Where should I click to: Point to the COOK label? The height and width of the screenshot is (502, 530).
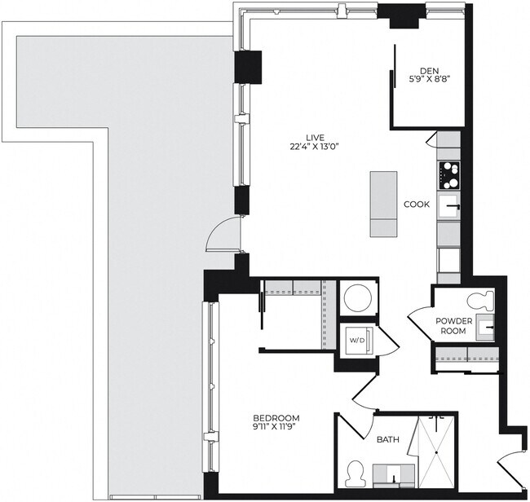coord(417,205)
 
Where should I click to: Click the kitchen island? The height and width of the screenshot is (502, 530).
coord(385,204)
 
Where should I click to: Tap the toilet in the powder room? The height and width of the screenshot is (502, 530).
coord(480,298)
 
